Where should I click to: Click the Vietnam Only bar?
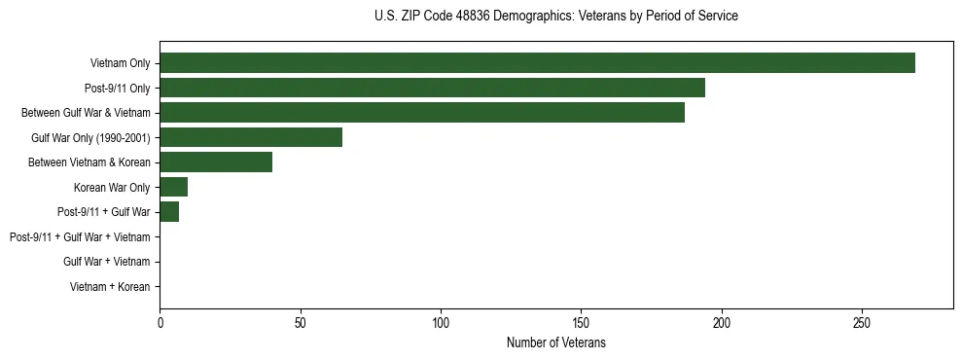[x=537, y=63]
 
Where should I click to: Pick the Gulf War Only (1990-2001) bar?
[x=251, y=137]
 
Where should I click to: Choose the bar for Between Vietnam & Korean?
[x=216, y=162]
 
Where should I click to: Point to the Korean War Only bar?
[x=174, y=187]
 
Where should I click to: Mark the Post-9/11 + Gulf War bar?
[x=169, y=212]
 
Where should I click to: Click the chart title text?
[x=555, y=17]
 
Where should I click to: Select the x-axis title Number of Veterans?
[x=555, y=342]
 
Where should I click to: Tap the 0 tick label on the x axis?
[x=160, y=321]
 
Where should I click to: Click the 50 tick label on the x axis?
[x=301, y=321]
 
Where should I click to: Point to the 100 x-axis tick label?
[x=441, y=321]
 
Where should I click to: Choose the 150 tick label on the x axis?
[x=581, y=321]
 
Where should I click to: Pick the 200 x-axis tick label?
[x=722, y=321]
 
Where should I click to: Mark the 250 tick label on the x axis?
[x=862, y=321]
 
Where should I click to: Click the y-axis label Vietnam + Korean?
[x=110, y=287]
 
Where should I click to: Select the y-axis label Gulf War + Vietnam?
[x=106, y=262]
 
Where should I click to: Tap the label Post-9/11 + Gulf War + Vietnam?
[x=80, y=237]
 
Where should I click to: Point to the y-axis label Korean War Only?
[x=112, y=187]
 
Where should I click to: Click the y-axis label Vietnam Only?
[x=120, y=63]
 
